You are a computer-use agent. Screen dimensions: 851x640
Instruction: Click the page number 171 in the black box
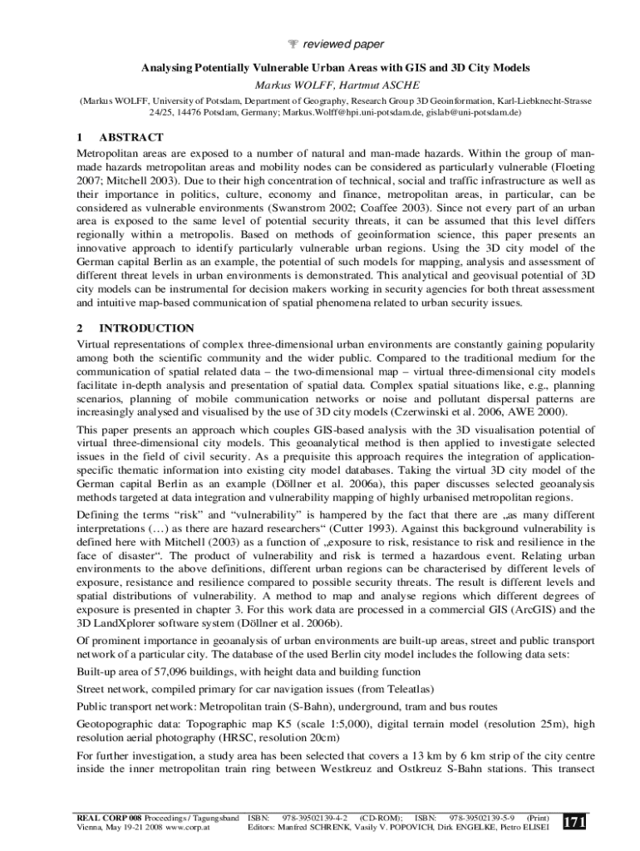(574, 821)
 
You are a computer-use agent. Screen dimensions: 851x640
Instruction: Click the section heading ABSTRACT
(130, 137)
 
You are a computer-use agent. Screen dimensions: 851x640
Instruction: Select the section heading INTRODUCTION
(146, 328)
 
